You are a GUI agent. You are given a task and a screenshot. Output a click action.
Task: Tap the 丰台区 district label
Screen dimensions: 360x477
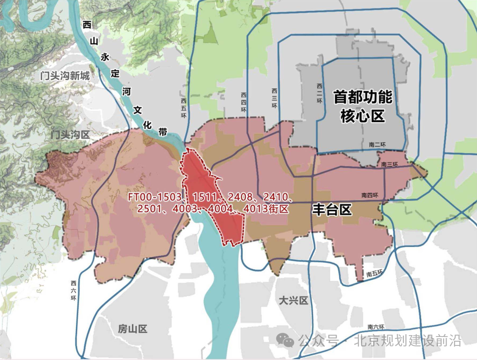332,209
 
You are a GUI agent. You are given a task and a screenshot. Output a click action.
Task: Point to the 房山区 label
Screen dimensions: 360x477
133,329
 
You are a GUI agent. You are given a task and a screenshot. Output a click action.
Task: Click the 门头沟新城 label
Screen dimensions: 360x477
65,75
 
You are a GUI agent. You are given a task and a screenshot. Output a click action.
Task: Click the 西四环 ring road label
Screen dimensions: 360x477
243,102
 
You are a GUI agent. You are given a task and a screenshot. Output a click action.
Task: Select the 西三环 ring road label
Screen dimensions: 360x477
274,98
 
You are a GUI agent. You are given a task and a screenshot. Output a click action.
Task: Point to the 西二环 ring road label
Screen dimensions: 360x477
319,93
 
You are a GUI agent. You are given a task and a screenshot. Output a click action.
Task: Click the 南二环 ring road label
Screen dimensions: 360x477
377,145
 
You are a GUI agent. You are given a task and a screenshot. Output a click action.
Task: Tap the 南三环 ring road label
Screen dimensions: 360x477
389,165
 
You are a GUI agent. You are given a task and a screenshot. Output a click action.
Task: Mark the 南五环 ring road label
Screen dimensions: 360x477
375,274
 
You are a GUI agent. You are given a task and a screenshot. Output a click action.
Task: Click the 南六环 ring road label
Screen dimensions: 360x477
376,327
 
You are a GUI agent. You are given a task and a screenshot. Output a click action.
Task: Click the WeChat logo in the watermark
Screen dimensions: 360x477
285,340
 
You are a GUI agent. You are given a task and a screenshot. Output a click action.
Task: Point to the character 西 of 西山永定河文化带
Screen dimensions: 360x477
87,25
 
